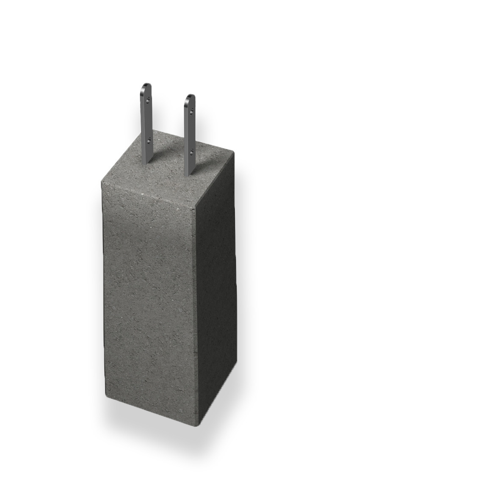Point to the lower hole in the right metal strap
[193, 150]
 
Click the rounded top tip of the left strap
[146, 85]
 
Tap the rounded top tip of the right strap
[190, 96]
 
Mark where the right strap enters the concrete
[189, 174]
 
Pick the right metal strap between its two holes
[191, 129]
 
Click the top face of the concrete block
[169, 169]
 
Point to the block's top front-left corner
[102, 182]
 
